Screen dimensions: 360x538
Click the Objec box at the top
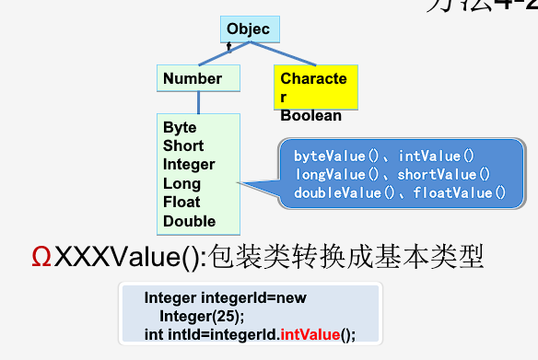248,29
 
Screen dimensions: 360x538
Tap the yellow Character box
314,87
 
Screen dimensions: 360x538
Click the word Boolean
310,116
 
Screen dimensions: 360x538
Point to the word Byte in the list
180,128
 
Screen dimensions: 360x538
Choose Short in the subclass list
183,146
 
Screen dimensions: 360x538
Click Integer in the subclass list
189,165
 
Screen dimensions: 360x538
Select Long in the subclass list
181,184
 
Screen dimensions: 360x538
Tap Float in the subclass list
181,203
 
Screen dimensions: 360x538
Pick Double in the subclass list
189,221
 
